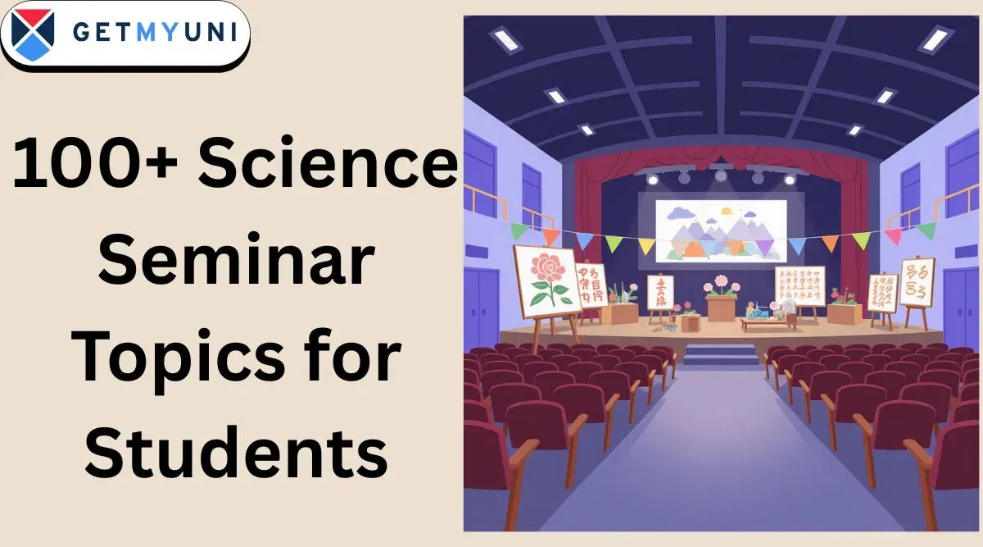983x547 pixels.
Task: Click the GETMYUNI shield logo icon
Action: [x=34, y=35]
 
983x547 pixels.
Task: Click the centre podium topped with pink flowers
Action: [x=721, y=303]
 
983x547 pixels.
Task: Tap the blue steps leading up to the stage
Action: [x=721, y=355]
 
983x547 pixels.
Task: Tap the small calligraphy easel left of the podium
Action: [x=660, y=293]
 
